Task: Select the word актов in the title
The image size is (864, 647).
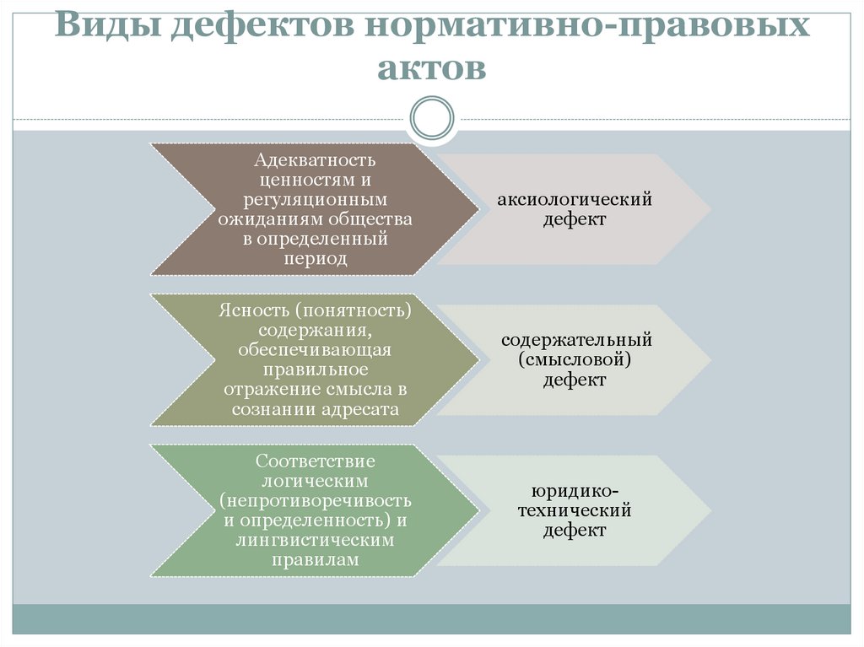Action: pos(431,67)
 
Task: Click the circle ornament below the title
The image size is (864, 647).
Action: pos(431,117)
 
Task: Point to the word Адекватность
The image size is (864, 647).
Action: pos(316,159)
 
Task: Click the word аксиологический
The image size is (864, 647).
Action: pos(575,201)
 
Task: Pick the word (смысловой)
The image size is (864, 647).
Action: pos(575,360)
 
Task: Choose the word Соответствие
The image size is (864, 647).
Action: pos(316,461)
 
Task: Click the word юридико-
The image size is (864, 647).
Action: pos(575,491)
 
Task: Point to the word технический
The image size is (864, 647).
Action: pos(575,510)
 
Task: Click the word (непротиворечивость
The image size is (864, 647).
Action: pos(316,500)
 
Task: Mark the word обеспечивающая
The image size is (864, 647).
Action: pos(315,349)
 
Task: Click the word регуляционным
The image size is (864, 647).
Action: pos(316,200)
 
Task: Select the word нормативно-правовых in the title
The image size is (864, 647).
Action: pos(587,26)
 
